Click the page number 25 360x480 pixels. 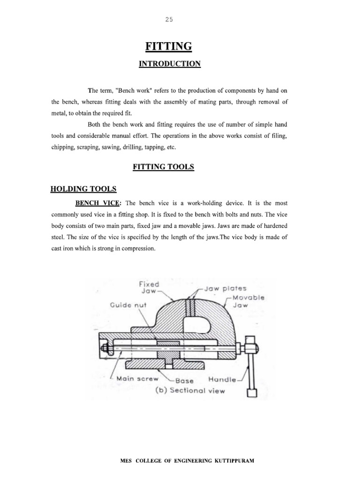coord(169,20)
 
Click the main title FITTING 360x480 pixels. coord(169,46)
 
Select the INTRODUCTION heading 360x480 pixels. coord(169,64)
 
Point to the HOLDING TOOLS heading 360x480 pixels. coord(83,189)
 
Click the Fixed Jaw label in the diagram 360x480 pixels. coord(149,287)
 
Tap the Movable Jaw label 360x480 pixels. coord(249,301)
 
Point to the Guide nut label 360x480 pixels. coord(128,305)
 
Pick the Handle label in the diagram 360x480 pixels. coord(223,379)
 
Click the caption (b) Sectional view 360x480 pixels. coord(190,390)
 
